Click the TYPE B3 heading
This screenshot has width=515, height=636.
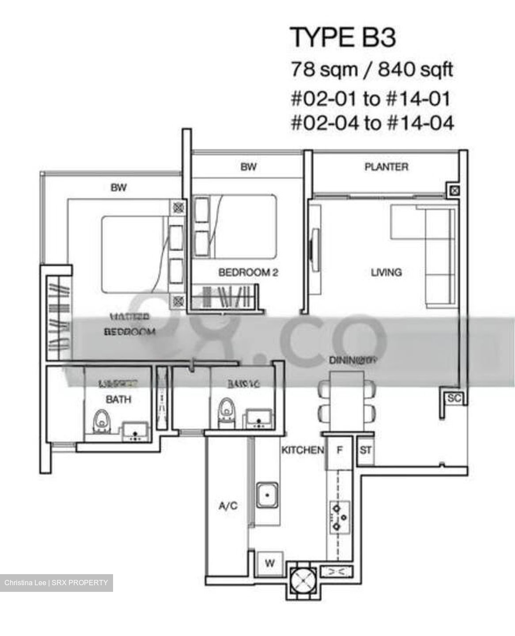343,37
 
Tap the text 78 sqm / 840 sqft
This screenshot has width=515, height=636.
371,70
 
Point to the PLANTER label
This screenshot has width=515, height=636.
386,167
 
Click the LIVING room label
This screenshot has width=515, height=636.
386,272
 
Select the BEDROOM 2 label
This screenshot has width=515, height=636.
248,272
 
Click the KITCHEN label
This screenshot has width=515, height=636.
303,450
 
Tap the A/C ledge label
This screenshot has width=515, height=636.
228,505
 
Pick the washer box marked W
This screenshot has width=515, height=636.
269,563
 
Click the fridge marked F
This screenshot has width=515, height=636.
339,451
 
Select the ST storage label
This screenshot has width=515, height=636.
365,451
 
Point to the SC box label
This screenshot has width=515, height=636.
454,398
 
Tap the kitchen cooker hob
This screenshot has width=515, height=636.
339,516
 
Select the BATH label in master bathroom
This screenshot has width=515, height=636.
118,399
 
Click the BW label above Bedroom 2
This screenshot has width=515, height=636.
248,167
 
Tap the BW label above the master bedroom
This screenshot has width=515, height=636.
118,188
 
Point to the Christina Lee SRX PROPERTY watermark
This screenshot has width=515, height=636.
56,583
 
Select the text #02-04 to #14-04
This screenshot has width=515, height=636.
372,123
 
